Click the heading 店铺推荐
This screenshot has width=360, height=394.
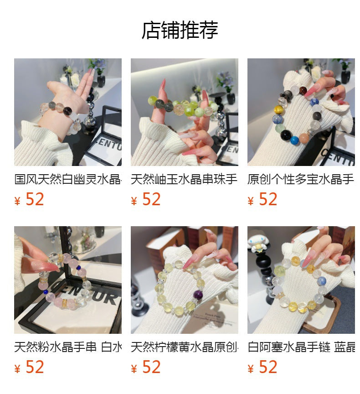point(180,30)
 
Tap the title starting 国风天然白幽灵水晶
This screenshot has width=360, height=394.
point(68,179)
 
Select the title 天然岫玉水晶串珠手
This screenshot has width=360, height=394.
point(184,179)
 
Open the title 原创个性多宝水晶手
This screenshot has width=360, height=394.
point(301,179)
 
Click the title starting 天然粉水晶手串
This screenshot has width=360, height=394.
point(68,347)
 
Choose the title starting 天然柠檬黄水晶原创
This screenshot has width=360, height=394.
point(184,347)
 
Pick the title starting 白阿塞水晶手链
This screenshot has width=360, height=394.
point(301,347)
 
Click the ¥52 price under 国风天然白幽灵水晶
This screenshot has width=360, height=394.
point(30,199)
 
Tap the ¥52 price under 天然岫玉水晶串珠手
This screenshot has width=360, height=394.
point(146,199)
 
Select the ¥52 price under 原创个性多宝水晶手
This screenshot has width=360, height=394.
point(263,199)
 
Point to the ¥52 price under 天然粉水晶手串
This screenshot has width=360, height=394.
point(30,367)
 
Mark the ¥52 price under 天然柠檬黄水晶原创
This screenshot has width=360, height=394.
point(146,367)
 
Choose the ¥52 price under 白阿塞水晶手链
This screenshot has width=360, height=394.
point(263,367)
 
